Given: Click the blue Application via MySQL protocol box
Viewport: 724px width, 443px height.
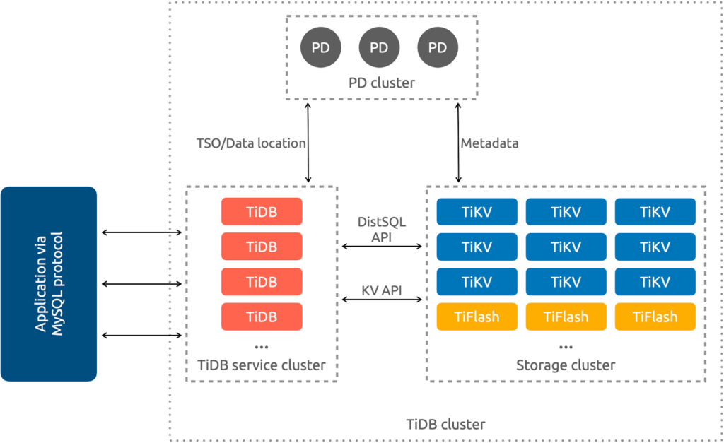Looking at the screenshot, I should [x=49, y=283].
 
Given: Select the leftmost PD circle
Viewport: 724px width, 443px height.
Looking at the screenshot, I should [x=320, y=47].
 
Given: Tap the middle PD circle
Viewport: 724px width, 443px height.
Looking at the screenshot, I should [x=379, y=47].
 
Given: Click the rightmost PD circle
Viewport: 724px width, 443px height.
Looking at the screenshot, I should [x=438, y=47].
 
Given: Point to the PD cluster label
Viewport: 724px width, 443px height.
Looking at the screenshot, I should [x=382, y=83].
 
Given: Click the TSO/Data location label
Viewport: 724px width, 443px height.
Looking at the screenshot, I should [x=250, y=143].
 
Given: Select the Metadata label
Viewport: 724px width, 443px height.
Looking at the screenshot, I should [x=489, y=143].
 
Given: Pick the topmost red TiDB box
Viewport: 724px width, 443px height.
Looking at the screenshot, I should [x=262, y=211].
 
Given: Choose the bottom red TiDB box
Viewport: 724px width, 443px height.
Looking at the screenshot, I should [x=262, y=317].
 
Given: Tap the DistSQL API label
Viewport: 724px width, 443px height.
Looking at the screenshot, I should [x=382, y=230].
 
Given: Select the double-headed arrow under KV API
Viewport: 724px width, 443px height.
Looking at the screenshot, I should [x=382, y=300].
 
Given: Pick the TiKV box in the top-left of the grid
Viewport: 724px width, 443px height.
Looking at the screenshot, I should [x=477, y=211].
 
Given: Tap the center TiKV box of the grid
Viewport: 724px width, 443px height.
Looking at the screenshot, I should [x=566, y=247].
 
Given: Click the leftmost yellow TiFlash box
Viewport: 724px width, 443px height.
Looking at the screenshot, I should [x=477, y=317].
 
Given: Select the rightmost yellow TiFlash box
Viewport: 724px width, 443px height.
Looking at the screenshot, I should [x=655, y=317].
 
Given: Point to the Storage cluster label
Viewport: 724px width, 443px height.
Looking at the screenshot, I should [x=566, y=365].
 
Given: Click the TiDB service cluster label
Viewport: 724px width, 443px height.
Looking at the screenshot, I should [x=262, y=365].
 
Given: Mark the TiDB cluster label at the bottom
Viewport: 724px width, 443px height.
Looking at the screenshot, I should [x=445, y=425].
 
